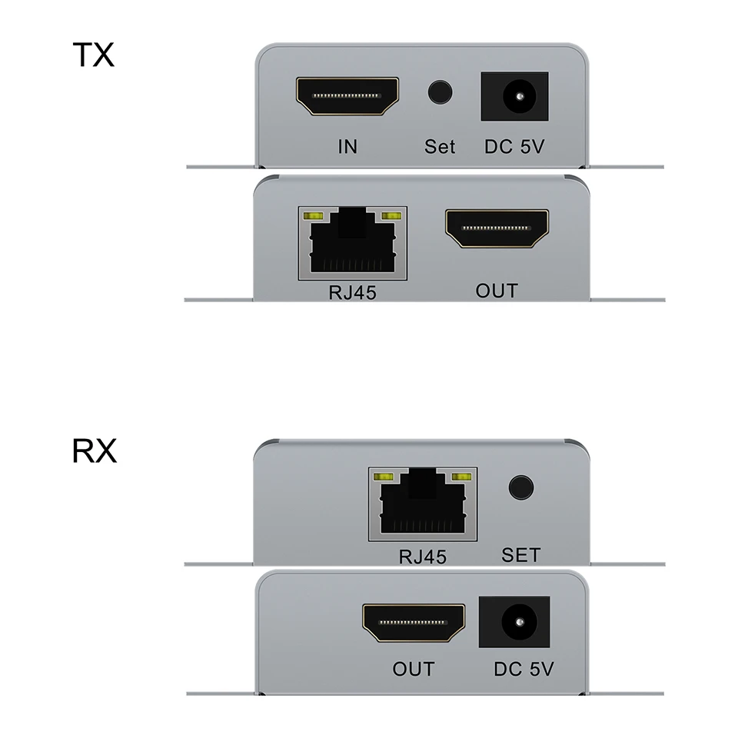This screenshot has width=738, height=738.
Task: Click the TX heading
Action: click(x=93, y=55)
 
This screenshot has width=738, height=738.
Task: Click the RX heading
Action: click(x=95, y=451)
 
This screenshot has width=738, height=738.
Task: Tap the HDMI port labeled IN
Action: click(x=347, y=97)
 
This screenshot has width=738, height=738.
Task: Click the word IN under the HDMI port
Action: click(x=347, y=146)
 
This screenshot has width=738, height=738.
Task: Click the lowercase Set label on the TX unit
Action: click(x=440, y=146)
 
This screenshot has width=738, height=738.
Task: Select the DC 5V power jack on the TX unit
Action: click(x=514, y=96)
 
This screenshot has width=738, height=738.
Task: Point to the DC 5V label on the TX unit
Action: click(x=514, y=146)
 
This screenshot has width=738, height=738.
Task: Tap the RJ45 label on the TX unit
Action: click(x=351, y=293)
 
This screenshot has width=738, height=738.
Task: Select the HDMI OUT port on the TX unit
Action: click(x=497, y=229)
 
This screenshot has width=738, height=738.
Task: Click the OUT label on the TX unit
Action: click(x=497, y=291)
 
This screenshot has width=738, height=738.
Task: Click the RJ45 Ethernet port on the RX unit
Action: click(x=422, y=502)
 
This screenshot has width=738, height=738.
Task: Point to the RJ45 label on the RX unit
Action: click(x=422, y=556)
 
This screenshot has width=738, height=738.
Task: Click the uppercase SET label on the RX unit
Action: click(x=520, y=554)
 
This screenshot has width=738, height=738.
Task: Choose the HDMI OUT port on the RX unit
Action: click(x=414, y=623)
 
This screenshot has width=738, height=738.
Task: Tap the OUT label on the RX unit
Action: click(x=414, y=669)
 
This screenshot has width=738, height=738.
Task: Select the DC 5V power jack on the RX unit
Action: click(x=514, y=622)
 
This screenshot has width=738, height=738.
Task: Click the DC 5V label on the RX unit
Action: click(x=524, y=670)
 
